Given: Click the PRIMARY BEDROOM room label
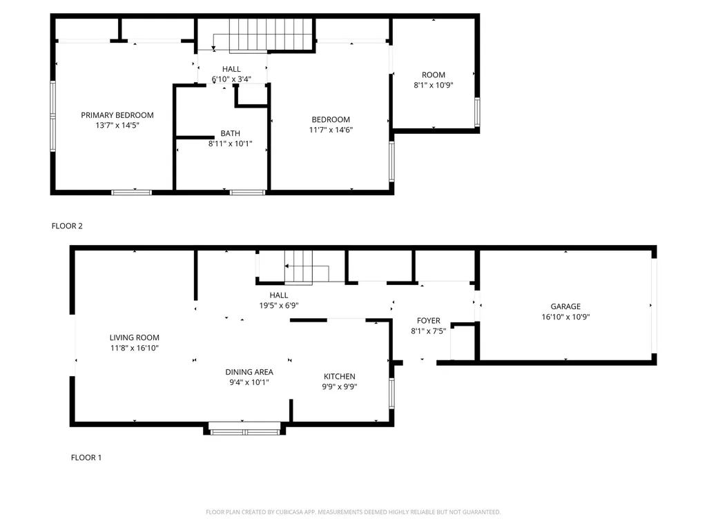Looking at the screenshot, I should (x=117, y=115).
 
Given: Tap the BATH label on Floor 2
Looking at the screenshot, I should (x=231, y=133).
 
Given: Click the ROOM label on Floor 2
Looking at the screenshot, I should (x=434, y=75).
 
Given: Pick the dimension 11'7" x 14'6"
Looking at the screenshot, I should (x=330, y=130).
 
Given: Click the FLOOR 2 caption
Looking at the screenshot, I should (x=67, y=226).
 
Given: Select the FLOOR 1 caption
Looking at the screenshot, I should (x=86, y=458).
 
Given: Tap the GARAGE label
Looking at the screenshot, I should (x=565, y=306).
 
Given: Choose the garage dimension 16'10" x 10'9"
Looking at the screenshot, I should (x=565, y=317).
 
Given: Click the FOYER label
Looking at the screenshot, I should (x=428, y=321).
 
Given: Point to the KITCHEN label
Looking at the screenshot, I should (x=340, y=376).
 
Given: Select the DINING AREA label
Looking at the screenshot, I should (x=249, y=372).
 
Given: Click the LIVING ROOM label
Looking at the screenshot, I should (x=134, y=337).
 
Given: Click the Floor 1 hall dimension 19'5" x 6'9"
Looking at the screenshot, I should (x=279, y=305).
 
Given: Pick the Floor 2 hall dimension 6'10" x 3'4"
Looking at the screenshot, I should (x=231, y=79).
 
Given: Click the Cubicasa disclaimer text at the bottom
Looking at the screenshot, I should (x=353, y=512).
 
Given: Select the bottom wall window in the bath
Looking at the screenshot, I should (x=247, y=192).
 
